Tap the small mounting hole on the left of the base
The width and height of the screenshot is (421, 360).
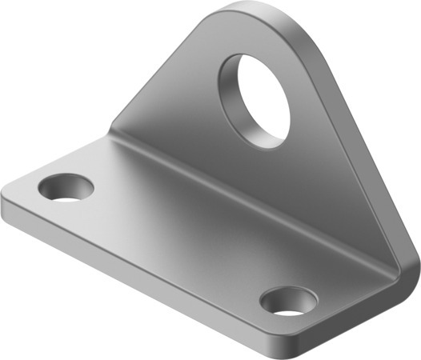(66, 187)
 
